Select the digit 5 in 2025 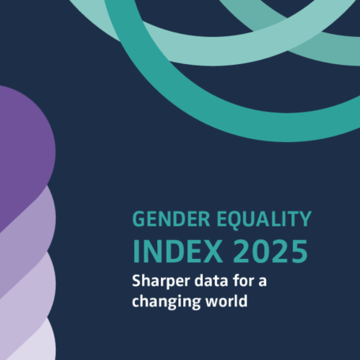(x=298, y=250)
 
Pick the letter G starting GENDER (x=139, y=219)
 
